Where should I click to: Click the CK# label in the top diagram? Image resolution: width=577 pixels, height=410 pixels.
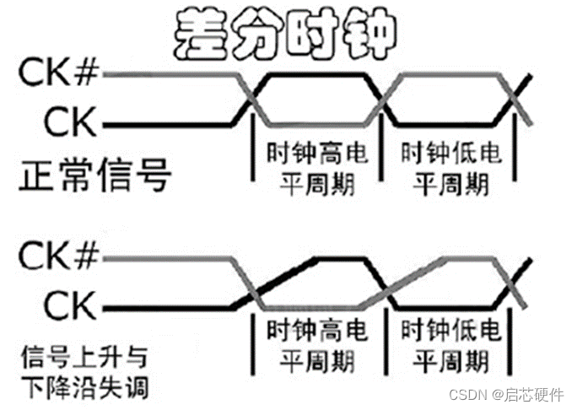coord(60,75)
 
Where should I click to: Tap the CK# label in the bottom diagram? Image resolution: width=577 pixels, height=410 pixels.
coord(60,254)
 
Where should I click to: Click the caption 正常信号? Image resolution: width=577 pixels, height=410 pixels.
coord(94,178)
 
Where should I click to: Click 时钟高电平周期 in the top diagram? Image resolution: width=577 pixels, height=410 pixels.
coord(316,168)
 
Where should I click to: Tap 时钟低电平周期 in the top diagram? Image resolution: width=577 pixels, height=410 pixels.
coord(450,168)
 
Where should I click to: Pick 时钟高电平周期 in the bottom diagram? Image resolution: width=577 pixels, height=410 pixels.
coord(316,347)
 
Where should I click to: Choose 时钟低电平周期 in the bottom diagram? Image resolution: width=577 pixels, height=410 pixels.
coord(450,347)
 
